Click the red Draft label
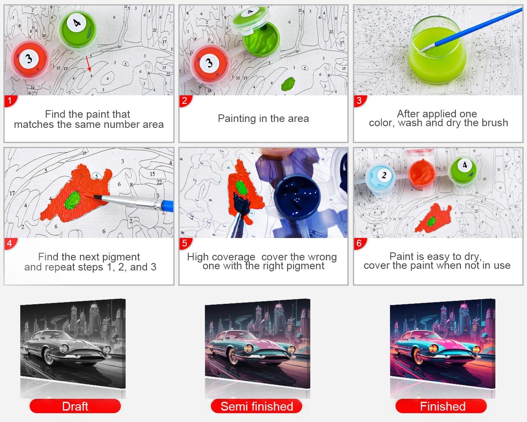coord(75,406)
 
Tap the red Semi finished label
coord(257,406)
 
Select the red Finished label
coord(441,406)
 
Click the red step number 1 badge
coord(10,101)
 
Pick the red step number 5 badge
coord(185,243)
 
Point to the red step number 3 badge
coord(360,101)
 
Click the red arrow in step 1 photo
coord(89,64)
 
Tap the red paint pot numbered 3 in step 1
coord(30,60)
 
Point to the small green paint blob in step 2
coord(288,84)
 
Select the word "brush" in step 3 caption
coord(495,123)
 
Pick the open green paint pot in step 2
coord(261,39)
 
